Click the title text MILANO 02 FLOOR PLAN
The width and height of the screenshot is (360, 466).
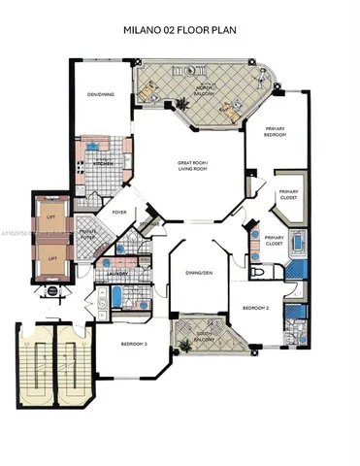coord(180,31)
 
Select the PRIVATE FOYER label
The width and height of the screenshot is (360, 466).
coord(86,234)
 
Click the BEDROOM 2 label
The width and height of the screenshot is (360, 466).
coord(255,307)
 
